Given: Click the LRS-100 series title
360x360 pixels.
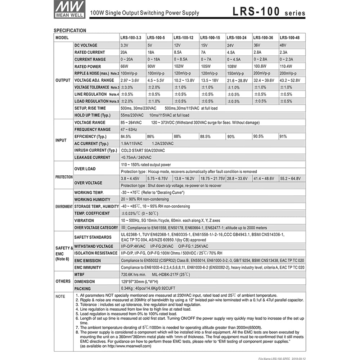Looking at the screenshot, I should point(269,12).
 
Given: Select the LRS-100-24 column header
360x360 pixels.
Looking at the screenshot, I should point(237,37).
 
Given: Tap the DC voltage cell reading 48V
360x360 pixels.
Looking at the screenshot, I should point(284,45).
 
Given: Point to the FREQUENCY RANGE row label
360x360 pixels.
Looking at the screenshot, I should point(93,130).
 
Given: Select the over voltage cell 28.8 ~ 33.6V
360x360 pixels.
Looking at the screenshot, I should point(238,179).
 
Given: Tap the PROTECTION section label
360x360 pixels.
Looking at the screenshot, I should point(64,177).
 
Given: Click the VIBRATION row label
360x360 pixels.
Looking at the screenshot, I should point(84,220).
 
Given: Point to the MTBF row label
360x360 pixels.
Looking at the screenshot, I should point(80,274).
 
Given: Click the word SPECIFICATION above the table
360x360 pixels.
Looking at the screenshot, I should point(70,31).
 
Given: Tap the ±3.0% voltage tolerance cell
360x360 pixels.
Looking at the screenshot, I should point(127,87).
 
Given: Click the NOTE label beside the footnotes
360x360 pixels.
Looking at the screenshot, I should point(60,296).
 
